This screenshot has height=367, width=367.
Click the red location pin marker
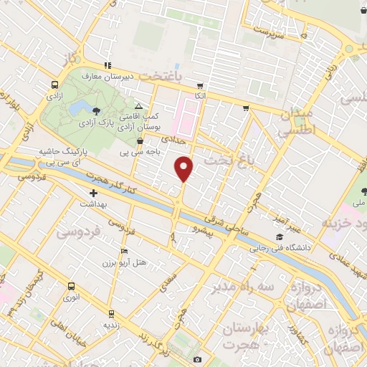click(185, 168)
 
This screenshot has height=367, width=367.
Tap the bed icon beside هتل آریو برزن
click(125, 252)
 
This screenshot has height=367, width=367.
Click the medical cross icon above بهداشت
click(93, 193)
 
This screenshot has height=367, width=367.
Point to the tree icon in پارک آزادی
click(96, 109)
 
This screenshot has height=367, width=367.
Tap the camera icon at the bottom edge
click(197, 359)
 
